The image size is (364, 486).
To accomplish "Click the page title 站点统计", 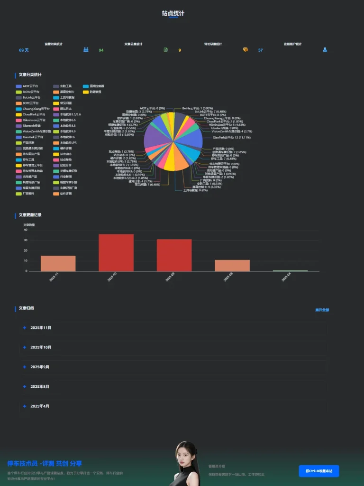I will (x=173, y=13).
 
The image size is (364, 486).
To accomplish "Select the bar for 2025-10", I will (x=116, y=252).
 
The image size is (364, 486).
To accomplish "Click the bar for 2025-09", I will (x=174, y=255).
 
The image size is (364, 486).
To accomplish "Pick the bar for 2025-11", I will (x=58, y=263).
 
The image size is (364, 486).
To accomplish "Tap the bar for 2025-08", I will (x=232, y=266).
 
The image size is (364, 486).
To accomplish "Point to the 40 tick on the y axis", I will (x=26, y=230).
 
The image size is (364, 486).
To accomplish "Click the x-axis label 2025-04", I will (x=286, y=277).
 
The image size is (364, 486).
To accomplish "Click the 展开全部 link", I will (x=322, y=310).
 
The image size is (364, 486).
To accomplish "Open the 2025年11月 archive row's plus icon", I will (x=24, y=327).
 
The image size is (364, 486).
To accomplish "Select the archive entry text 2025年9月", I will (x=40, y=367).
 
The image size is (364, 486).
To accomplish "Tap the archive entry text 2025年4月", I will (x=40, y=406).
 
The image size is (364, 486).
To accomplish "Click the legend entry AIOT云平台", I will (x=30, y=86).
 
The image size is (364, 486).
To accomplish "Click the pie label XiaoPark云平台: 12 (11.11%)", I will (x=231, y=137).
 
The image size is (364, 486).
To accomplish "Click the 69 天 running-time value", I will (x=24, y=50).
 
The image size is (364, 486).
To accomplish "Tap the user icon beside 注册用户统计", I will (x=325, y=49).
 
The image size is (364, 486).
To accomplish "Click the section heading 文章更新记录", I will (x=30, y=215).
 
